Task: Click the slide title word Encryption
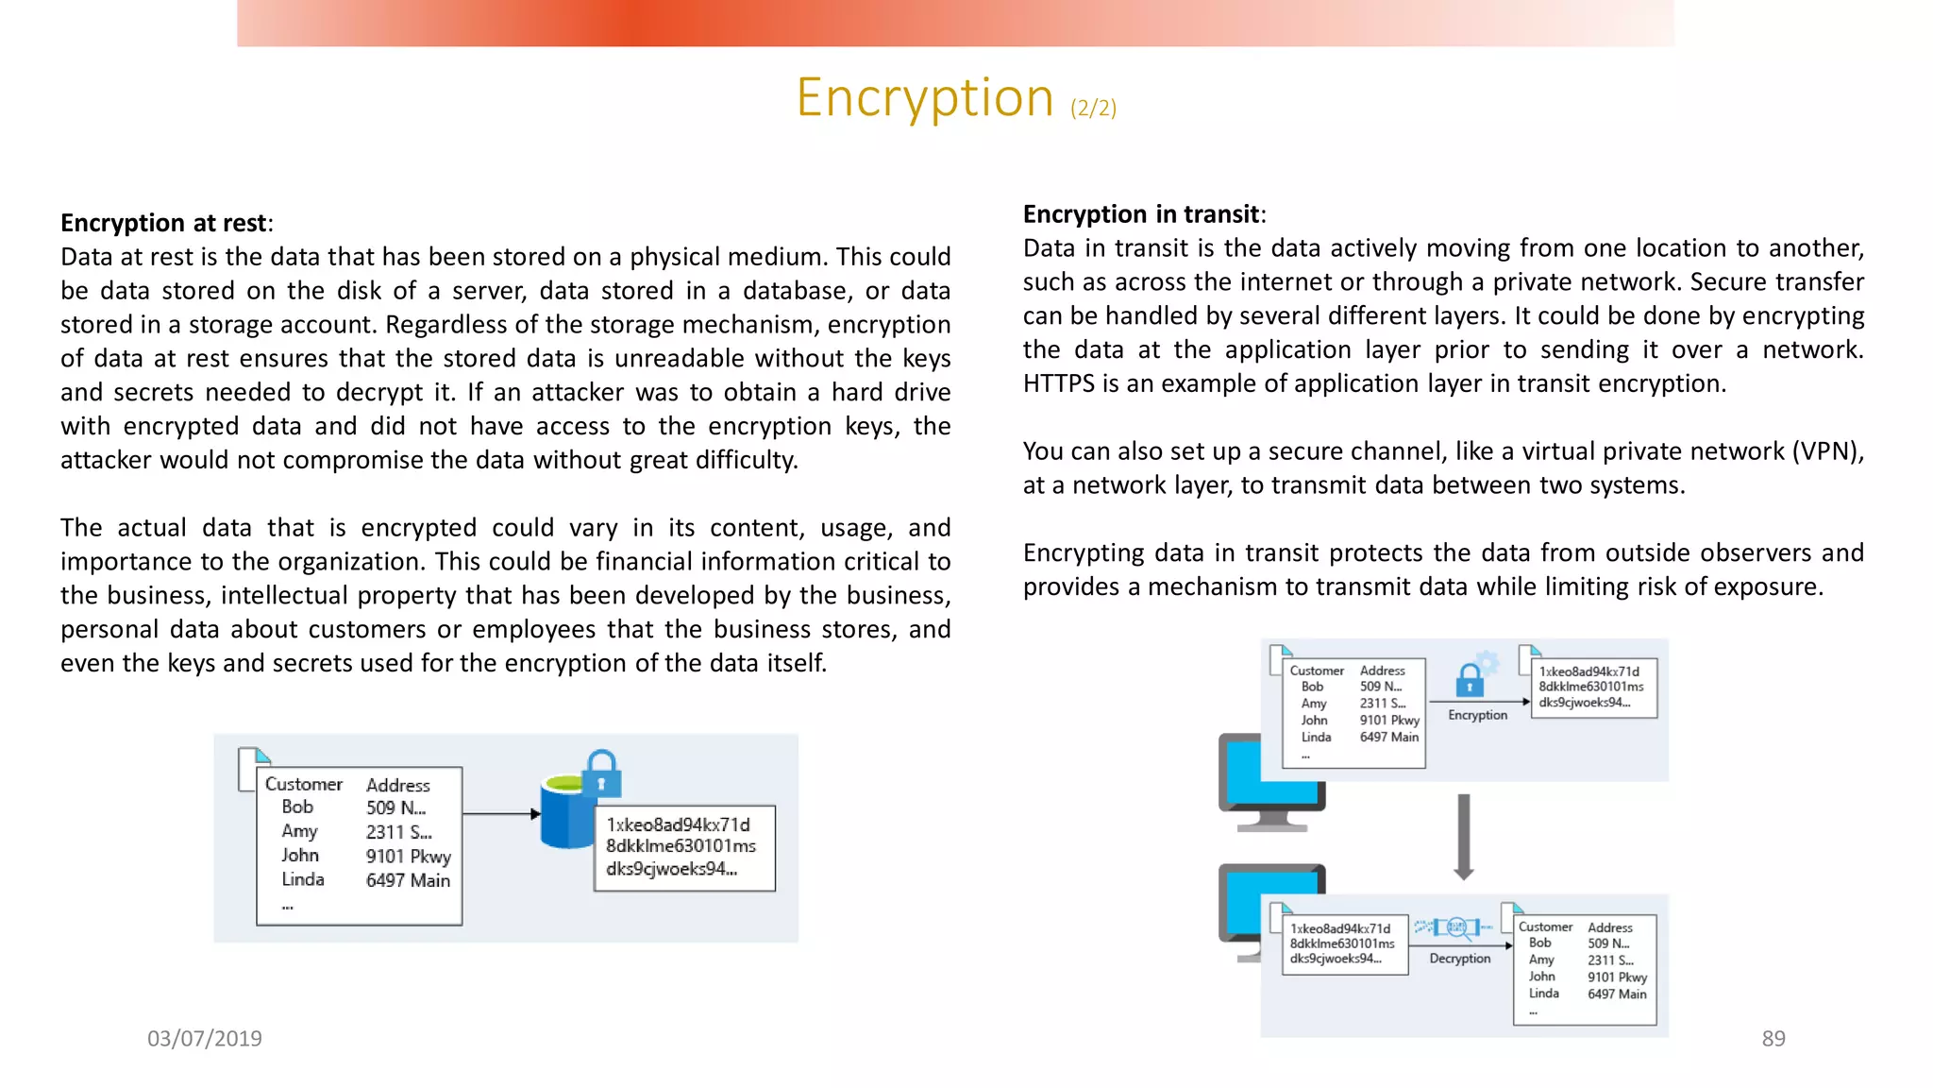[924, 98]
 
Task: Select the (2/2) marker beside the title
[1093, 108]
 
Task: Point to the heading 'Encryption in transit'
[1140, 214]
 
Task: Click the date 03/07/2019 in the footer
[205, 1038]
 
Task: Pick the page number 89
[1773, 1038]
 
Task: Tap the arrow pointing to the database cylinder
[500, 813]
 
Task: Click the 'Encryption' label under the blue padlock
[1477, 715]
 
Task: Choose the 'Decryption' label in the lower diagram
[1459, 958]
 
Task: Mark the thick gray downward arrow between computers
[1463, 837]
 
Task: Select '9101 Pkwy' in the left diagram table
[408, 856]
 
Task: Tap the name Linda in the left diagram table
[302, 879]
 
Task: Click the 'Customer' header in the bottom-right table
[1545, 927]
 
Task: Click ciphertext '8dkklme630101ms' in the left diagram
[681, 846]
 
